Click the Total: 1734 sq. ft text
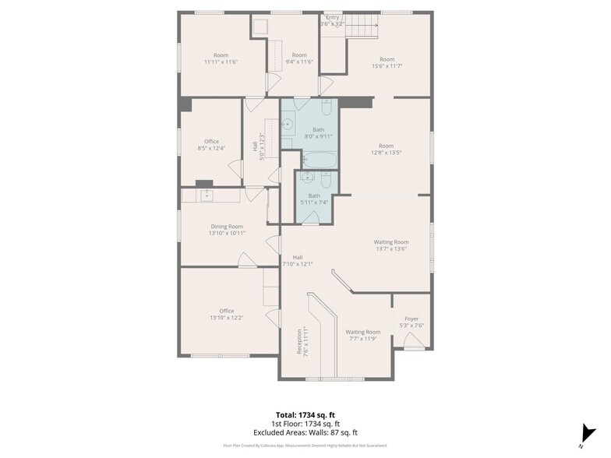305,415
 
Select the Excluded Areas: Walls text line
305,432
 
